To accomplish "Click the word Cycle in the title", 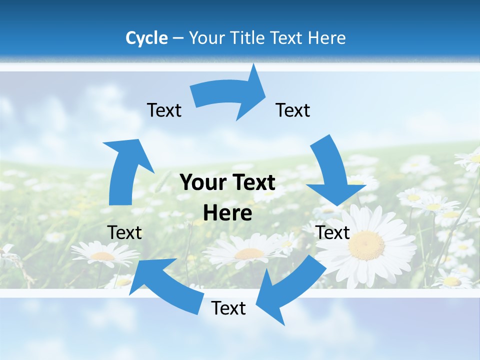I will [x=146, y=38].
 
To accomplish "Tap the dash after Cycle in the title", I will [x=178, y=38].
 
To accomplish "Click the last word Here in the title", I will [x=327, y=38].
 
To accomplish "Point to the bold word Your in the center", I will [x=199, y=183].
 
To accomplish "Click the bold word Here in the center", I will [x=227, y=213].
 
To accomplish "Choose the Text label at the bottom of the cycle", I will [x=228, y=308].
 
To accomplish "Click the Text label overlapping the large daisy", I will [x=333, y=232].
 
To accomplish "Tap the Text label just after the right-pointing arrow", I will [x=293, y=110].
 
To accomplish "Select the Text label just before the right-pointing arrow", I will [x=164, y=110].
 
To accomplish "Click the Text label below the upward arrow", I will [x=124, y=232].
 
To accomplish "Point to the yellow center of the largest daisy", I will [x=366, y=245].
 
